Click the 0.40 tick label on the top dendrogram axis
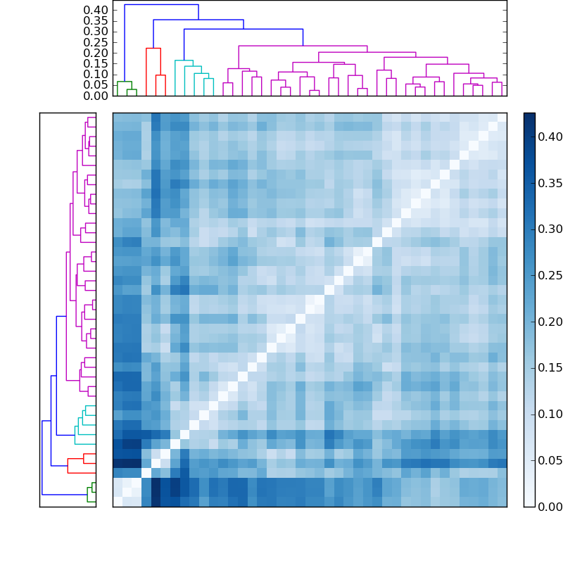coord(96,10)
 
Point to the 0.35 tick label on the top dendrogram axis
coord(96,20)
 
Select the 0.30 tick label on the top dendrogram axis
coord(96,31)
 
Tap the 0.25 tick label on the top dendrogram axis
coord(96,42)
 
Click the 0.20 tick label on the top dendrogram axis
coord(96,53)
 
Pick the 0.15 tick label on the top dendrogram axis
coord(96,63)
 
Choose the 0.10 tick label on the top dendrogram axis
coord(96,74)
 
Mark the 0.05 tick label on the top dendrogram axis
coord(96,84)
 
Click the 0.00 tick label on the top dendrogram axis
coord(96,95)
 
